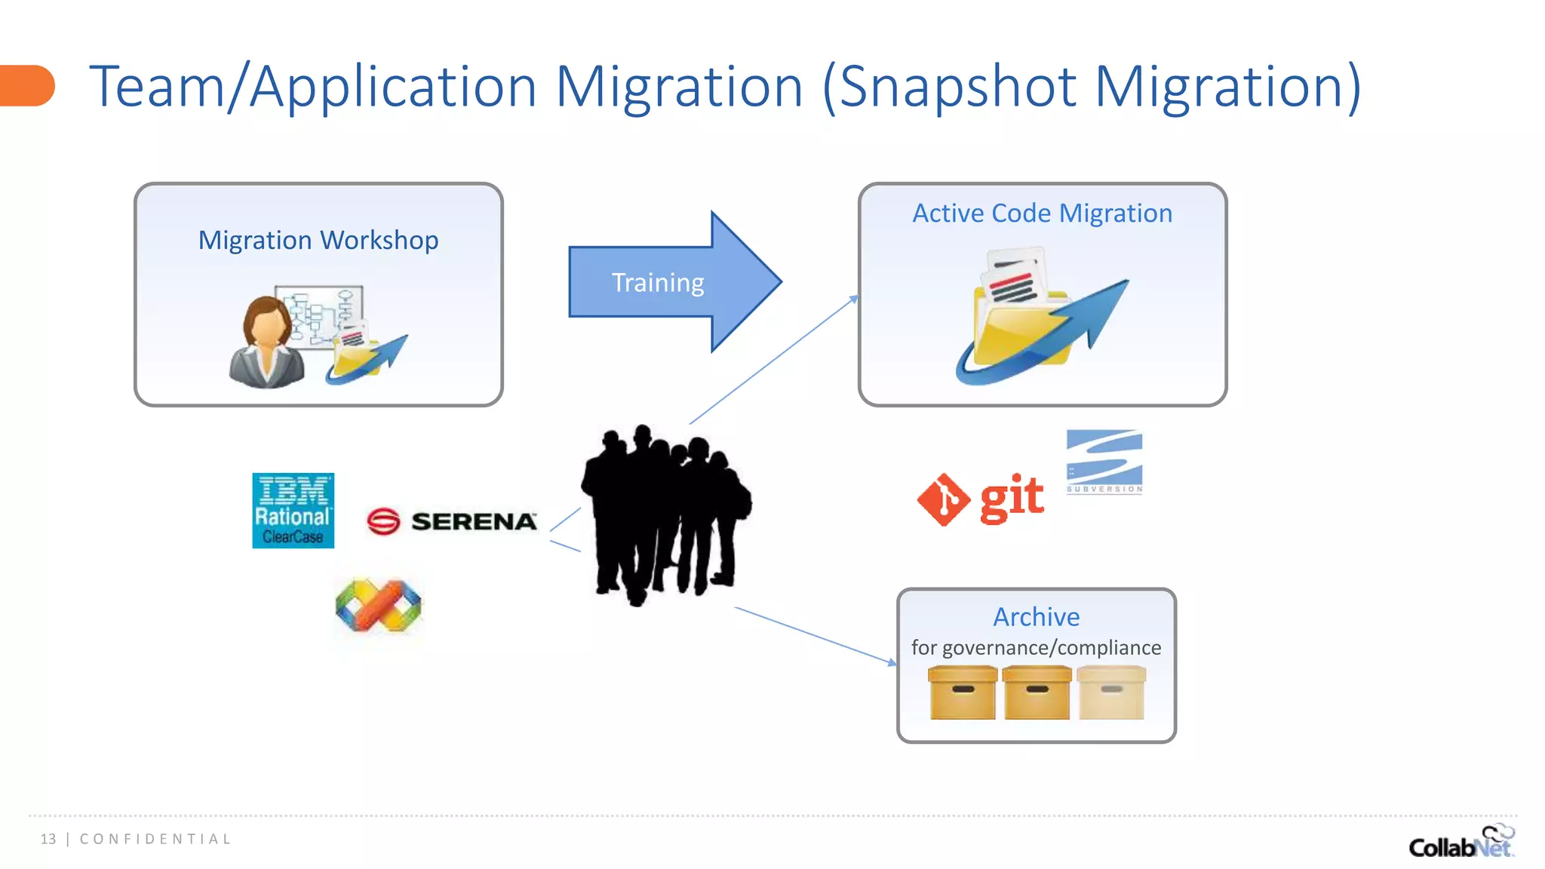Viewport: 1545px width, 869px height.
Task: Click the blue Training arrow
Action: [664, 282]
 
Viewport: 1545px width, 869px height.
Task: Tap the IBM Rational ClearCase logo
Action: [293, 511]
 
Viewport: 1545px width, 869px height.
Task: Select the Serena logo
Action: [452, 521]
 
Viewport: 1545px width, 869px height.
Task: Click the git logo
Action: [981, 499]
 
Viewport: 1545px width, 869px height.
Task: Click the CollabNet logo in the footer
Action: [1461, 843]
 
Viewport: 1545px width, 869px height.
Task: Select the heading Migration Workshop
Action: [318, 241]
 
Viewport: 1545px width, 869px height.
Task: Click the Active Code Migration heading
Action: [1042, 213]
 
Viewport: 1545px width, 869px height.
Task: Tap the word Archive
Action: [1036, 617]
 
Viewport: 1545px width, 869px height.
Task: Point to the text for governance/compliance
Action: [1036, 648]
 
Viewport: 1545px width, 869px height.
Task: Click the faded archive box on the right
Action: [1111, 692]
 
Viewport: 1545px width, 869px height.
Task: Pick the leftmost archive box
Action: [963, 692]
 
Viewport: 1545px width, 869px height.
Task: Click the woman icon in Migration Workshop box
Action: [267, 343]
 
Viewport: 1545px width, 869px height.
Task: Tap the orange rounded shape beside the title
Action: [27, 85]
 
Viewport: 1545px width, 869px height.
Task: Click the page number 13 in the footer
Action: [48, 839]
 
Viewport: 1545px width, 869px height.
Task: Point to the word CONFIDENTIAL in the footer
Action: [155, 839]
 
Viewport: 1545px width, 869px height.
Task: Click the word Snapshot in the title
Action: [957, 87]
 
